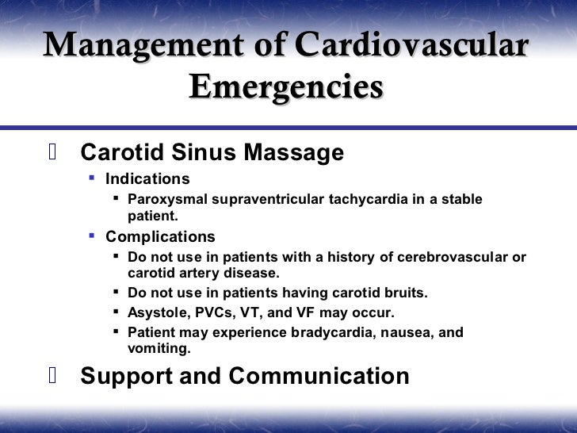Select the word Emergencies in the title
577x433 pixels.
tap(286, 87)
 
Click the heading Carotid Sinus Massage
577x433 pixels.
tap(212, 152)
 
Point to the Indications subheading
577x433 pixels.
tap(147, 178)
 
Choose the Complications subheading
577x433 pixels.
tap(160, 236)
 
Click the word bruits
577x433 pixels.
tap(405, 293)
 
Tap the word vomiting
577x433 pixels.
tap(159, 347)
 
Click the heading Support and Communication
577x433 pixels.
tap(245, 375)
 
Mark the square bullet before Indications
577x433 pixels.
tap(92, 178)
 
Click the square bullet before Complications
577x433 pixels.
tap(92, 236)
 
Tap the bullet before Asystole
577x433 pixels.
tap(116, 312)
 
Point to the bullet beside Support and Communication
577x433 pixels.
tap(52, 375)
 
